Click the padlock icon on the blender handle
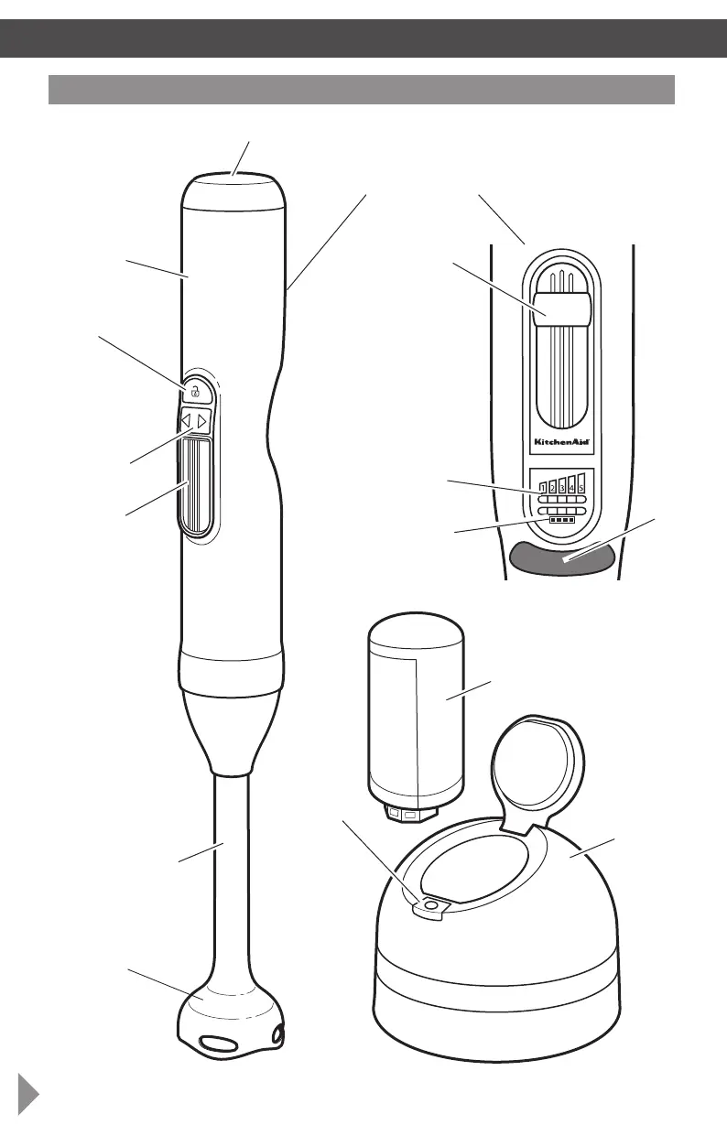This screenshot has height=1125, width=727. (x=195, y=392)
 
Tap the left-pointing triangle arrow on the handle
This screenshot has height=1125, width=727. (x=186, y=421)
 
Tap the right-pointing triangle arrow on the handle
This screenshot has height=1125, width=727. (x=203, y=421)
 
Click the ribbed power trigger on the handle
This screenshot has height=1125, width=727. (x=198, y=485)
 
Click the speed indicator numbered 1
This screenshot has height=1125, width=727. (x=542, y=486)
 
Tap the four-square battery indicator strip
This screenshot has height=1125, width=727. (x=560, y=520)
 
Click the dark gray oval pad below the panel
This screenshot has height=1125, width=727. (x=562, y=557)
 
